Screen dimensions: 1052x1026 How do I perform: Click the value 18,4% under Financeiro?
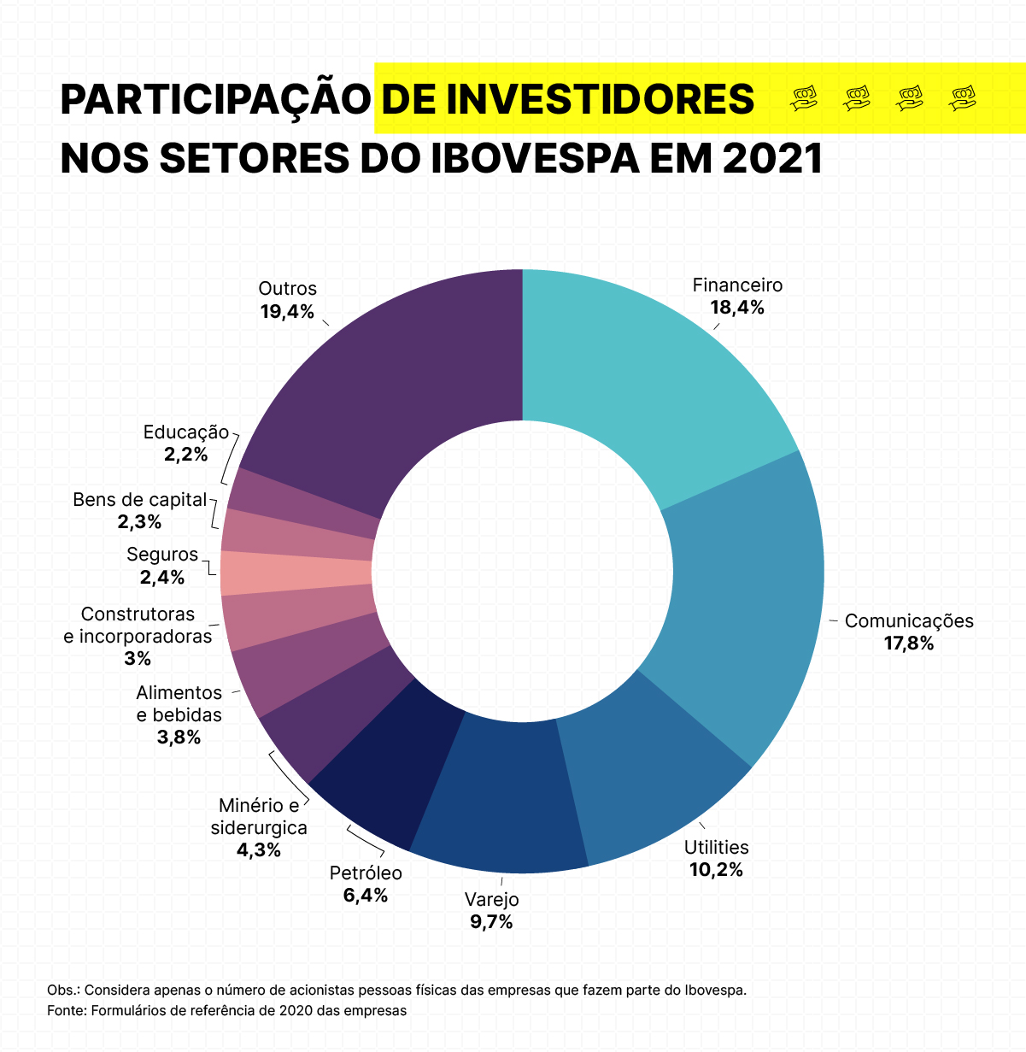[737, 309]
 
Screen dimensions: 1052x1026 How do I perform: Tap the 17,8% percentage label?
[909, 644]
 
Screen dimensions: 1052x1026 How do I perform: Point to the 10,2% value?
[716, 871]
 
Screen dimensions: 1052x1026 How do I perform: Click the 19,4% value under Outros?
[287, 312]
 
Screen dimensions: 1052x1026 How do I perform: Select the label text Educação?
[186, 432]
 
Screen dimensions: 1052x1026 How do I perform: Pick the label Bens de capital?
[140, 500]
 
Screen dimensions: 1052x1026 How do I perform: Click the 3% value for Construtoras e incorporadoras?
[138, 659]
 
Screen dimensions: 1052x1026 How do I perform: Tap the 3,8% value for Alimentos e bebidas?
[179, 738]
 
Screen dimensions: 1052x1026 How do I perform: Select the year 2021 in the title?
[772, 158]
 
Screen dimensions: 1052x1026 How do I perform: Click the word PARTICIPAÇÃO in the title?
[214, 100]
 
